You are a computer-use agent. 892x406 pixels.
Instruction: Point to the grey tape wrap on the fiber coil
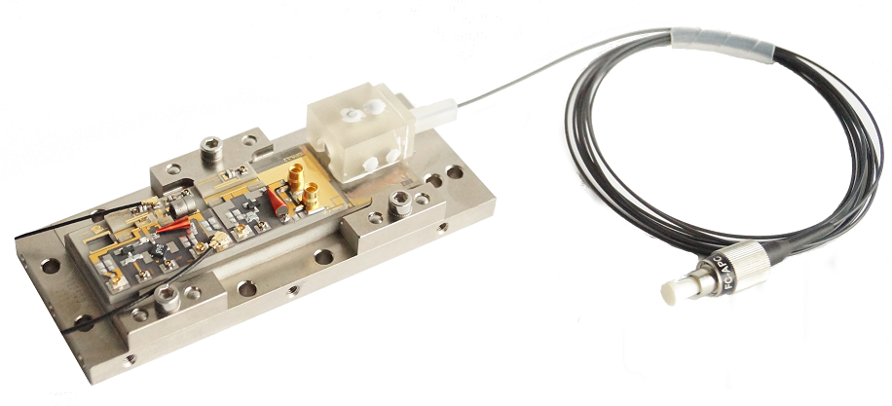(x=723, y=42)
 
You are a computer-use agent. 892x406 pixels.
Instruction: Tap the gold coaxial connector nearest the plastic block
(x=296, y=175)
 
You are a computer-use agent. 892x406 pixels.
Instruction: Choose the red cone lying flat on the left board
(x=173, y=229)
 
